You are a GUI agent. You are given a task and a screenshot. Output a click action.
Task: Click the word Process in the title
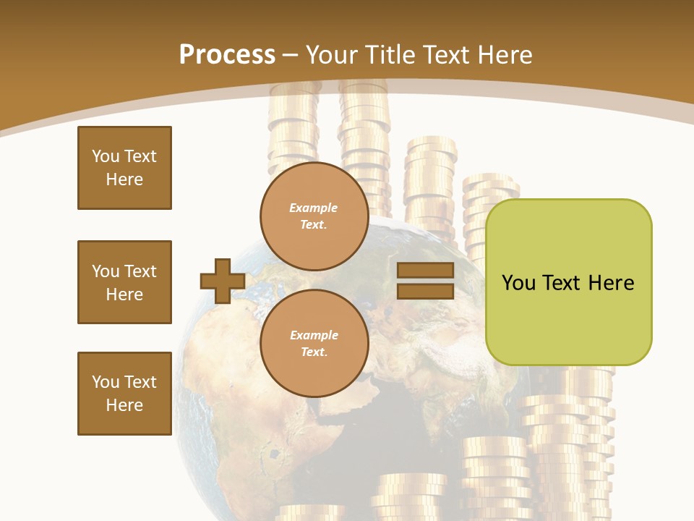[227, 55]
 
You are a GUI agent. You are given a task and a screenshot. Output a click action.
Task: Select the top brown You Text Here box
[124, 168]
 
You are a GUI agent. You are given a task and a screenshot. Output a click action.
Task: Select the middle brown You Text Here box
[124, 282]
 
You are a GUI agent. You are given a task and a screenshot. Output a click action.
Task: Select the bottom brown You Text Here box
[124, 394]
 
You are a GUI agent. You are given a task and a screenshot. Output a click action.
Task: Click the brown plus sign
[223, 281]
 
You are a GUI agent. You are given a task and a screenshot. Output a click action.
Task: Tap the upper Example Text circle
[314, 216]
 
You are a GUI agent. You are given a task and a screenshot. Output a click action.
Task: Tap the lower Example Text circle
[314, 344]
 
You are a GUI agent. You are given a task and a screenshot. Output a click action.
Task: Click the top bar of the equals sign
[425, 271]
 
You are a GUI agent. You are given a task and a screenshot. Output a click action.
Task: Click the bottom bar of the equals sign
[425, 292]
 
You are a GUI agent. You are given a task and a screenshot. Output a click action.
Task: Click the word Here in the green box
[611, 283]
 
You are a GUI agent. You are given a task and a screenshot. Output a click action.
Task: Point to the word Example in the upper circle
[314, 208]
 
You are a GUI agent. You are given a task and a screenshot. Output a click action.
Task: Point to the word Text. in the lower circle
[314, 352]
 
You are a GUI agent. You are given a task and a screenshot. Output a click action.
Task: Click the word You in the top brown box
[105, 156]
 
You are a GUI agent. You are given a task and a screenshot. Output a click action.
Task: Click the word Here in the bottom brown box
[124, 405]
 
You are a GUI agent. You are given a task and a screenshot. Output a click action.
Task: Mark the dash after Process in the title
[291, 56]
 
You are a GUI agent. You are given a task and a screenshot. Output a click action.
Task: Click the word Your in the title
[333, 55]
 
